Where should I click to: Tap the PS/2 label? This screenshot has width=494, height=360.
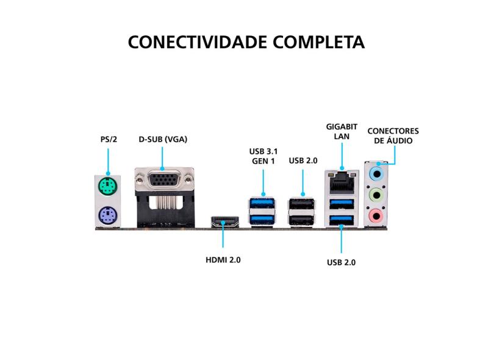(x=108, y=139)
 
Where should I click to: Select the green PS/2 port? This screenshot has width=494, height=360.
(x=107, y=186)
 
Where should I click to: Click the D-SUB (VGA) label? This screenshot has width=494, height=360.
(x=162, y=139)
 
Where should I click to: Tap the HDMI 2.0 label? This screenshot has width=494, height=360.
(x=223, y=259)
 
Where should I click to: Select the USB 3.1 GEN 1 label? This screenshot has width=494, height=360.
(x=263, y=156)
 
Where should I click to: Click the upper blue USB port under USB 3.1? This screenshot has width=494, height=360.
(x=263, y=203)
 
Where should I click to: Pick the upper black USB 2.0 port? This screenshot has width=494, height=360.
(x=302, y=203)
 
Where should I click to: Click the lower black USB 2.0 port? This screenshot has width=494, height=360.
(x=302, y=218)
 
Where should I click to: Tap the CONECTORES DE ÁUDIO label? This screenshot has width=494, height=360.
(x=393, y=135)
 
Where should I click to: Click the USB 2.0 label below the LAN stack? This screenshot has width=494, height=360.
(x=341, y=263)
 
